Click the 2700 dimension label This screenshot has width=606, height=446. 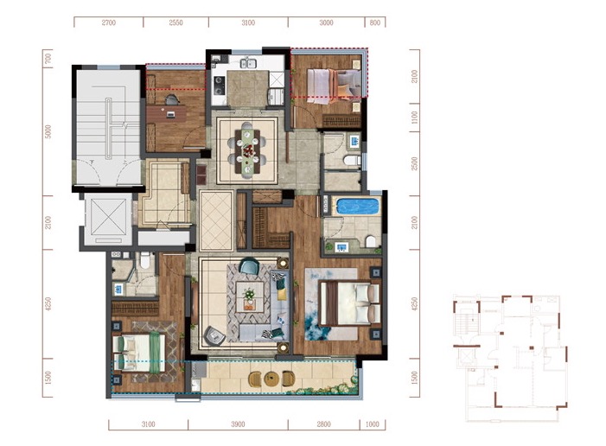tap(109, 22)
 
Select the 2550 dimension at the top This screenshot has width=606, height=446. tap(175, 22)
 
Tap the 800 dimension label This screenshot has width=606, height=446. tap(375, 22)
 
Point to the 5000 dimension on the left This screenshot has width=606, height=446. tap(48, 131)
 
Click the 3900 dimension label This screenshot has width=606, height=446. tap(238, 424)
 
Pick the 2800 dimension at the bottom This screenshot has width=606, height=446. tap(324, 424)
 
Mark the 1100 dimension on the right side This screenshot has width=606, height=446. tap(415, 117)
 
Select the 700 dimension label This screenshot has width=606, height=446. tap(48, 59)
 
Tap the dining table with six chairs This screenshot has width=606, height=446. tap(247, 150)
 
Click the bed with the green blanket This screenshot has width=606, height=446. tap(139, 354)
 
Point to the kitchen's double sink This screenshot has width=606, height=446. tap(248, 62)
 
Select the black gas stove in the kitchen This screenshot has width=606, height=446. tap(219, 86)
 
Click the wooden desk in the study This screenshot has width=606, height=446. tap(167, 114)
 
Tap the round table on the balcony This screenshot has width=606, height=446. tap(271, 379)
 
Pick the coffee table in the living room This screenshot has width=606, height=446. tap(250, 296)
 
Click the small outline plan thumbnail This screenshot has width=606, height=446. tap(510, 358)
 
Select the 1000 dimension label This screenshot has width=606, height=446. tap(372, 424)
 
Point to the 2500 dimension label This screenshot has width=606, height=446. tap(415, 164)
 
